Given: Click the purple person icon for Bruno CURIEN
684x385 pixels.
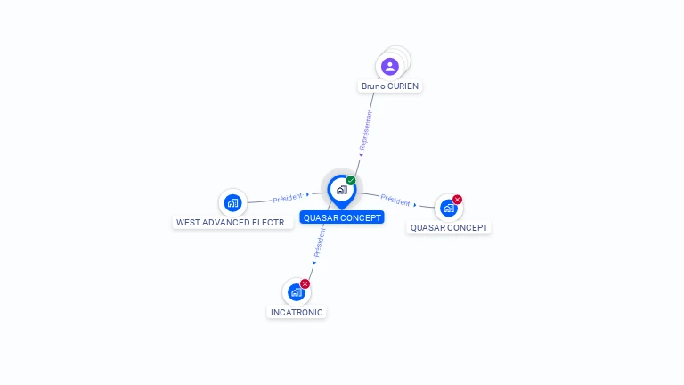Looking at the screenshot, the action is point(389,66).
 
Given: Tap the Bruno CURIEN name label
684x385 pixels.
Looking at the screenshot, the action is point(390,86).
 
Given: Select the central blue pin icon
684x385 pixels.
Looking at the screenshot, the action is point(341,189).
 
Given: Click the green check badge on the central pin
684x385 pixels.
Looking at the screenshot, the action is point(351,181).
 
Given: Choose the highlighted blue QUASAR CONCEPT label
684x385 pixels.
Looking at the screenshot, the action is point(342,217).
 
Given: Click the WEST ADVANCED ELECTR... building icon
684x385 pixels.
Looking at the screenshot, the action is point(232,202).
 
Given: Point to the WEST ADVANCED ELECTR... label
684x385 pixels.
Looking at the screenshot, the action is point(232,223).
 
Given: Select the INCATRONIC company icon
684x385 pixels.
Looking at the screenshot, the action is point(296,292).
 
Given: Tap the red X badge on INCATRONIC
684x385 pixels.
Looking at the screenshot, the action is point(305,283).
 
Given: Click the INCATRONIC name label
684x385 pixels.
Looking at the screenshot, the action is point(297,313).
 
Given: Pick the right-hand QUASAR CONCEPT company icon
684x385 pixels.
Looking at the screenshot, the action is point(448,208).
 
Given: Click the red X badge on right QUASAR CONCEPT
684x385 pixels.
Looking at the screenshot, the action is point(457,200).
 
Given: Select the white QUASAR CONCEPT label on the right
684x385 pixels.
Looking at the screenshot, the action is point(450,227).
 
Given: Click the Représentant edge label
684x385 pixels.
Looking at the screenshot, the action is point(366,130).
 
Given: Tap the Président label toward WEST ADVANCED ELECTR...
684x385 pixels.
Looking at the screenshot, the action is point(288,198).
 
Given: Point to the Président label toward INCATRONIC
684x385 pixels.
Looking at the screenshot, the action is point(319,242).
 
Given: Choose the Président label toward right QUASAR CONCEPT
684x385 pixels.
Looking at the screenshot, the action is point(395,200).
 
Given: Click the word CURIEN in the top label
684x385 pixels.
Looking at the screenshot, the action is point(404,86).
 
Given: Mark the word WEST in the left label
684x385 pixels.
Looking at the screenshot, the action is point(188,223).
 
